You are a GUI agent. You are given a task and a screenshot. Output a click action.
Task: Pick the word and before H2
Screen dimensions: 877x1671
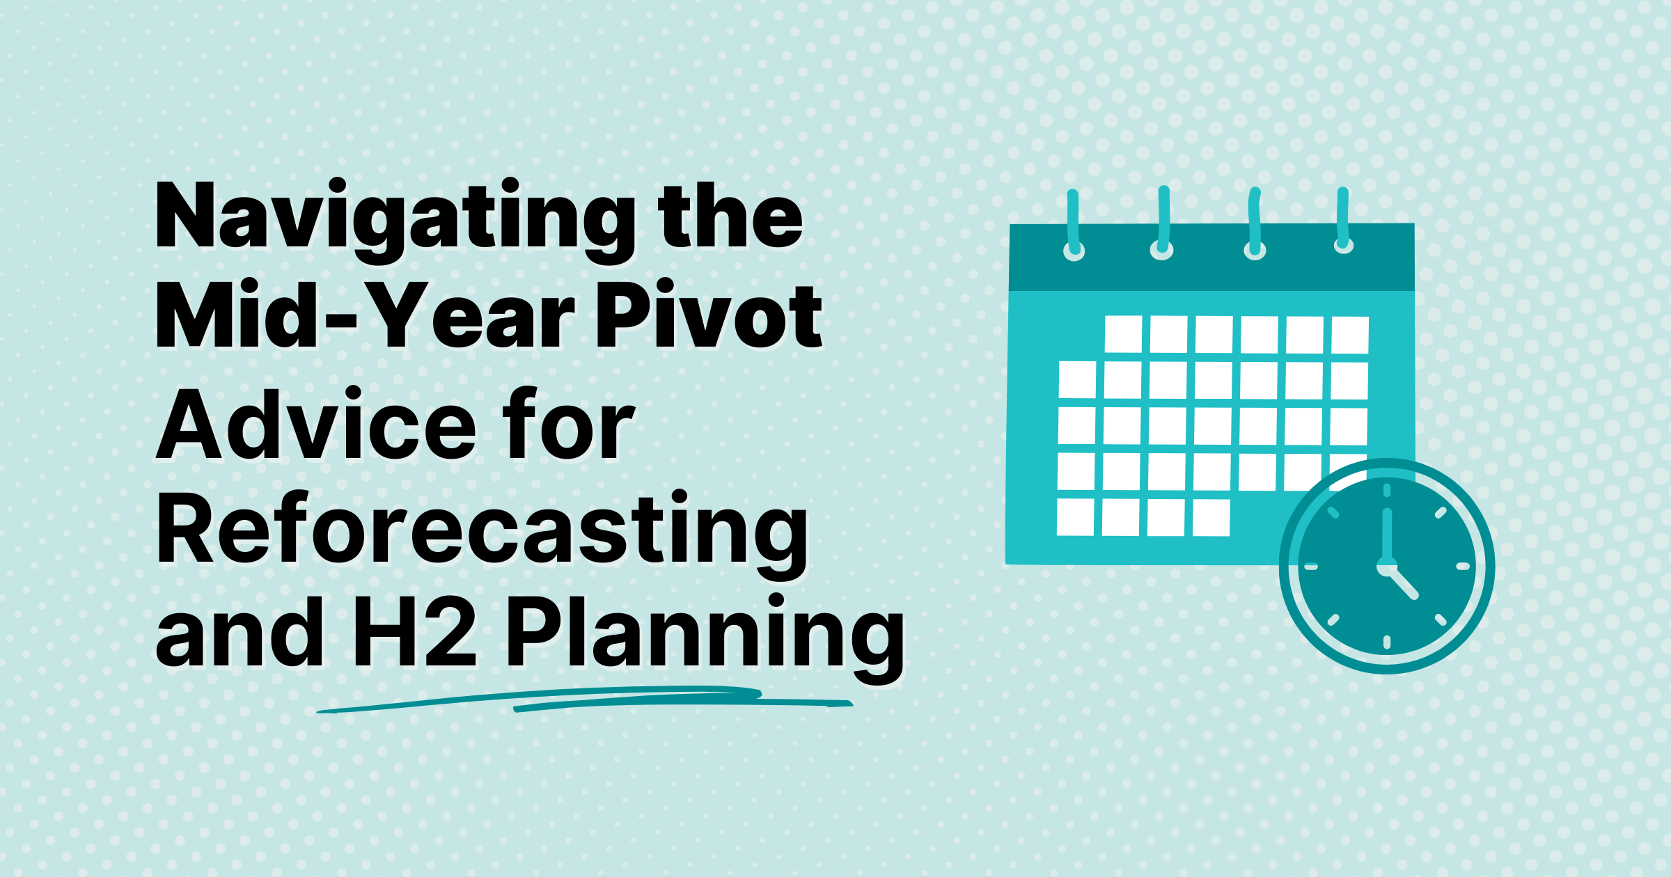pyautogui.click(x=241, y=635)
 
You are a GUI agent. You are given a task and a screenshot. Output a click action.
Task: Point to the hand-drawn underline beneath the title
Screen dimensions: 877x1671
pyautogui.click(x=585, y=700)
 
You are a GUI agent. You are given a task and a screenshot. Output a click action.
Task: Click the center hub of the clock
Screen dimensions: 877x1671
pyautogui.click(x=1386, y=567)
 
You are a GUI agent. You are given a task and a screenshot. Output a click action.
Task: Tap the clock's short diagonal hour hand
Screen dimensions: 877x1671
pyautogui.click(x=1403, y=583)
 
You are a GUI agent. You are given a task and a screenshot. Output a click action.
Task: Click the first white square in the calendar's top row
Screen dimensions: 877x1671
pyautogui.click(x=1123, y=334)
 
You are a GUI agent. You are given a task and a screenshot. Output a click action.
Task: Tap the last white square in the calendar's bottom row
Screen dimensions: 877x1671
pyautogui.click(x=1211, y=517)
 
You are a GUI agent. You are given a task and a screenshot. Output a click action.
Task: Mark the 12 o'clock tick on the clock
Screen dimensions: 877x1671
pyautogui.click(x=1387, y=490)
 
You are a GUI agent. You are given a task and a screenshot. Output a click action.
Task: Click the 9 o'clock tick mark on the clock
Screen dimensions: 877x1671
pyautogui.click(x=1311, y=567)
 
